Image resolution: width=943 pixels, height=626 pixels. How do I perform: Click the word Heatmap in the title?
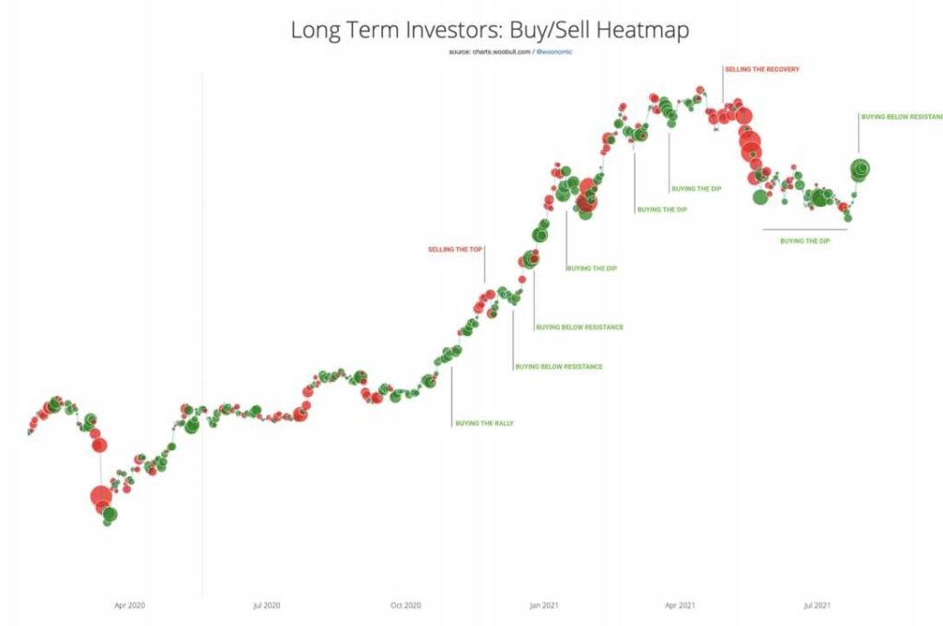tap(643, 29)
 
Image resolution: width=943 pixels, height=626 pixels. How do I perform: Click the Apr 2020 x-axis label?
tap(130, 605)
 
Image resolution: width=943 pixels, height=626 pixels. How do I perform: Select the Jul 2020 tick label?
tap(266, 605)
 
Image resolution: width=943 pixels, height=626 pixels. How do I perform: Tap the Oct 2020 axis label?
tap(405, 605)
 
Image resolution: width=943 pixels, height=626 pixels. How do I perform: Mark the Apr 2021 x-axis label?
tap(680, 605)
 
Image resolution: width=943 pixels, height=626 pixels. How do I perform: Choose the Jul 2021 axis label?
tap(817, 605)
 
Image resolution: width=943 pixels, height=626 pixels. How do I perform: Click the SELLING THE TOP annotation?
tap(455, 249)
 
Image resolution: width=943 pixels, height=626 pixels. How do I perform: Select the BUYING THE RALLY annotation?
tap(484, 423)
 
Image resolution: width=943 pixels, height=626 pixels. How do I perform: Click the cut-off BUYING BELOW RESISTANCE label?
tap(902, 117)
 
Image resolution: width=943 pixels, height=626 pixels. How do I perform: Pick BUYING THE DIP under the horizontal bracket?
tap(805, 241)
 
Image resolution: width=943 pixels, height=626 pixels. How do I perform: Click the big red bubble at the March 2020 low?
tap(101, 498)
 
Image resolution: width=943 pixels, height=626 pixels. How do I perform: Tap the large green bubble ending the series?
tap(860, 168)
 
